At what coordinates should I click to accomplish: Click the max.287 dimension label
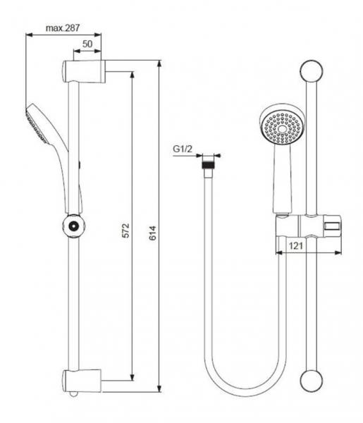(62, 28)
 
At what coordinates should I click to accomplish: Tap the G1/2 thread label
(183, 149)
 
